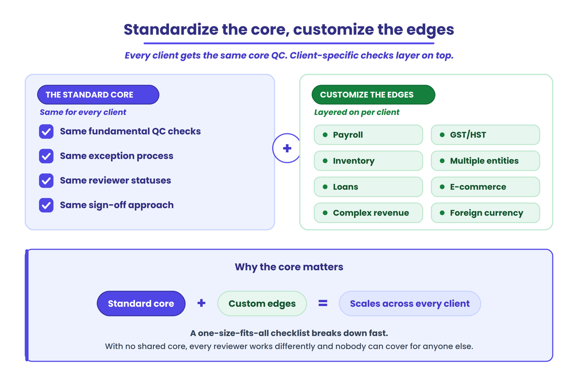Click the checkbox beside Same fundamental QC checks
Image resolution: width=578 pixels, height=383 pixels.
46,132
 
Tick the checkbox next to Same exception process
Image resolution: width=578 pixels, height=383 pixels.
46,156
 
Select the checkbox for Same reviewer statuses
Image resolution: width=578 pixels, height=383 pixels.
46,181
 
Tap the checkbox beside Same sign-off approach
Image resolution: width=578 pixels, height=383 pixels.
46,205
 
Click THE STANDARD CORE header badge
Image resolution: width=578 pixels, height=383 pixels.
98,95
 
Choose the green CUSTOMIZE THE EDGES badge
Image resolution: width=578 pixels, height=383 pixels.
374,95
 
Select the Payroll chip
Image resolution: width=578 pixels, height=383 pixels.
368,135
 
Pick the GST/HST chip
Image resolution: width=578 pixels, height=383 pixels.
486,135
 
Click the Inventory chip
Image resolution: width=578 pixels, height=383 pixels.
368,161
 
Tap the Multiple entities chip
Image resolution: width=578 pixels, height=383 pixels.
486,161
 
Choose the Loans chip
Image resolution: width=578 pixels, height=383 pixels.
368,187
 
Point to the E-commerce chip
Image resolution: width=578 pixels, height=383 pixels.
486,187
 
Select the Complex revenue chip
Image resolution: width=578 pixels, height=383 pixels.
368,213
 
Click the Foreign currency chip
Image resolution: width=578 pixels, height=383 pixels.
486,213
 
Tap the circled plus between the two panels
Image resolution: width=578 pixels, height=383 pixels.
287,148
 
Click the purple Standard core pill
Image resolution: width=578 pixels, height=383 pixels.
141,304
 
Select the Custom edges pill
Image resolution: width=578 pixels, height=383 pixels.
262,304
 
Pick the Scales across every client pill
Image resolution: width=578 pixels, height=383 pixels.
410,304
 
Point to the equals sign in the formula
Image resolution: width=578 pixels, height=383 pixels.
323,303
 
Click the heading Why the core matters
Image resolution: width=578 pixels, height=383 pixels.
289,267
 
